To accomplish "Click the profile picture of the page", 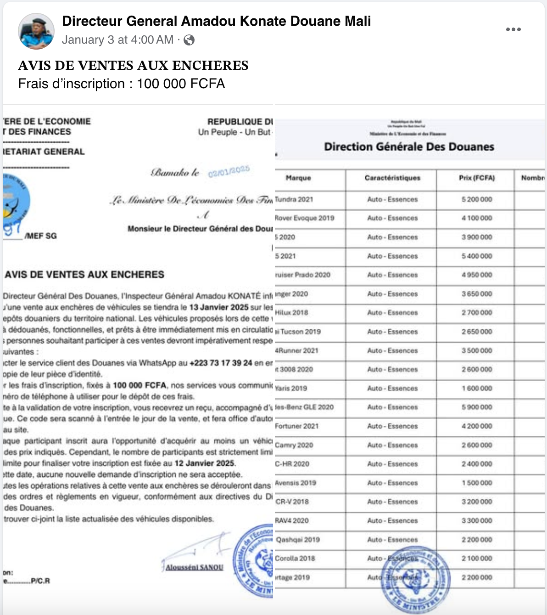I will coord(36,31).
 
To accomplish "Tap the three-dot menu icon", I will coord(513,29).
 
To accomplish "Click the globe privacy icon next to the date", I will coord(189,40).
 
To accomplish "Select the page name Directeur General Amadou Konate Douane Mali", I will coord(216,21).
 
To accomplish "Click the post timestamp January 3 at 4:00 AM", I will coord(118,40).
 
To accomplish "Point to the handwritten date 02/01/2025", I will coord(229,171).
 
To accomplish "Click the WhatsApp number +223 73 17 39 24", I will coord(221,363).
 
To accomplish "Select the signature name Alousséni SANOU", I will coord(195,567).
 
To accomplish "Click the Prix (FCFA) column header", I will coord(477,178).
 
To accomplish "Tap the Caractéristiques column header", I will coord(392,178).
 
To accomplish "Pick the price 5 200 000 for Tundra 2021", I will coord(477,199).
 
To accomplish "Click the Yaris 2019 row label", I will coord(291,388).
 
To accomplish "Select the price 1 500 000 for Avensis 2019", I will coord(477,483).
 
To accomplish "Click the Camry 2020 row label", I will coord(294,445).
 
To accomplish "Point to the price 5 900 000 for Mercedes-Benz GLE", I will coord(477,407).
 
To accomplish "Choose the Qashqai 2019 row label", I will coord(298,540).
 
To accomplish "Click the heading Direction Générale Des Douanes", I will coord(409,147).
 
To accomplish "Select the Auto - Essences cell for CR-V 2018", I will coord(392,502).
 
